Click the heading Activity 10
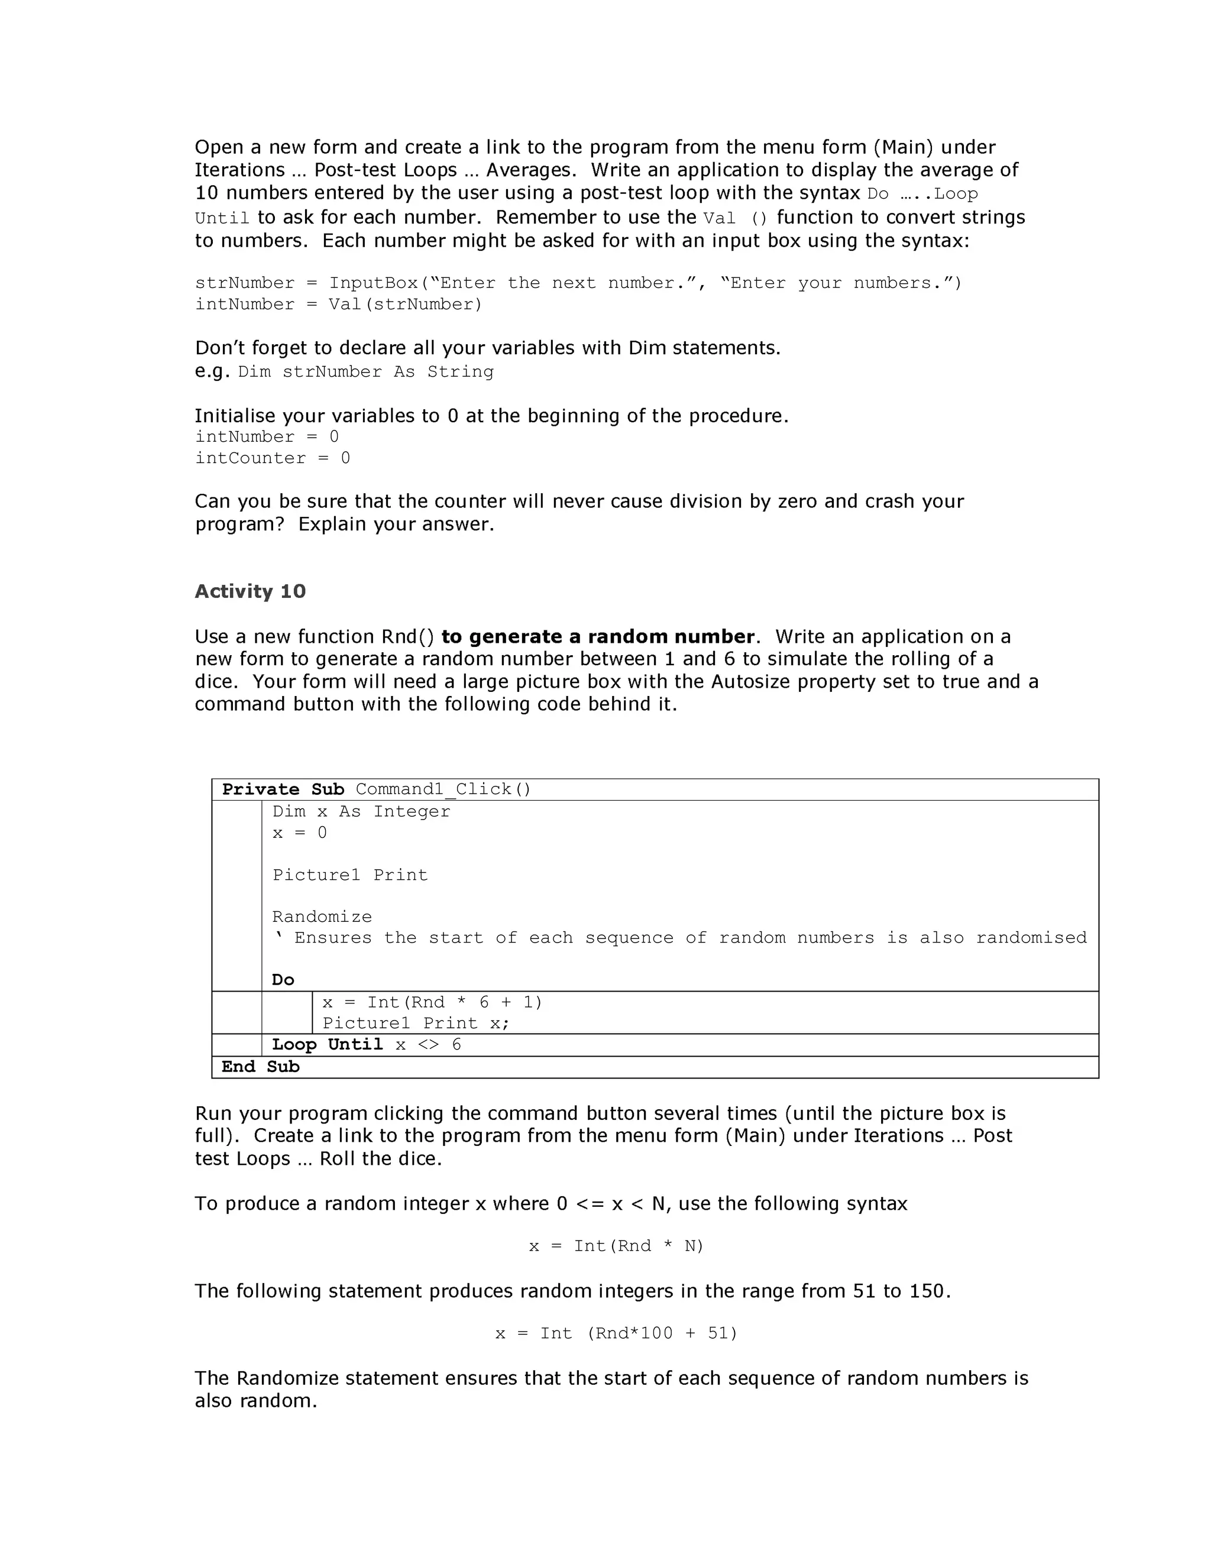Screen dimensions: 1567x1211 250,591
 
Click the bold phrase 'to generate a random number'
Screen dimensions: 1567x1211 598,636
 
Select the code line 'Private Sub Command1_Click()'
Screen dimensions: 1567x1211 376,789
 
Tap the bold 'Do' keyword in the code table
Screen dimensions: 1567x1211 283,980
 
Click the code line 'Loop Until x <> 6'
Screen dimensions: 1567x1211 366,1045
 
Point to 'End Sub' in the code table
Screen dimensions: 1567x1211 260,1067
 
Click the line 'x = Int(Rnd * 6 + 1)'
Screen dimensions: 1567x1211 432,1002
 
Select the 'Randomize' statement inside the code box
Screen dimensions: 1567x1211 322,917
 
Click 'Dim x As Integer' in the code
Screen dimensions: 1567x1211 361,811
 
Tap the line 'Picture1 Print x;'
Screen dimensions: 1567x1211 415,1023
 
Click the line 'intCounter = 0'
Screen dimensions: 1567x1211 273,458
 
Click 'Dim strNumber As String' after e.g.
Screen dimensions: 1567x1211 365,372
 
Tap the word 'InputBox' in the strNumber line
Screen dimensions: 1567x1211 373,283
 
